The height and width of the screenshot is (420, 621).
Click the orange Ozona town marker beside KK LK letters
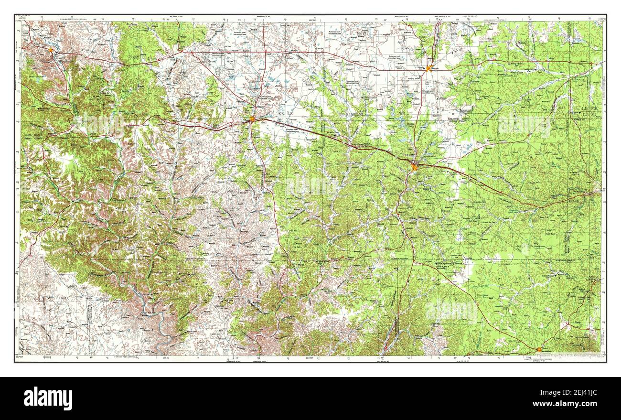click(x=252, y=119)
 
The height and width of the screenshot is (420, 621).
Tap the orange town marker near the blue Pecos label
click(x=51, y=48)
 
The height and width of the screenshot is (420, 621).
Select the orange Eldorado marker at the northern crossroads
click(x=429, y=68)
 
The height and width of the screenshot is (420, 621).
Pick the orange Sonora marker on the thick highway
click(x=414, y=167)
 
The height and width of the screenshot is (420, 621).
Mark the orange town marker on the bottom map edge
click(x=539, y=349)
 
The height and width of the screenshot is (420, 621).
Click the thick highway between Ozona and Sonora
click(x=334, y=138)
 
